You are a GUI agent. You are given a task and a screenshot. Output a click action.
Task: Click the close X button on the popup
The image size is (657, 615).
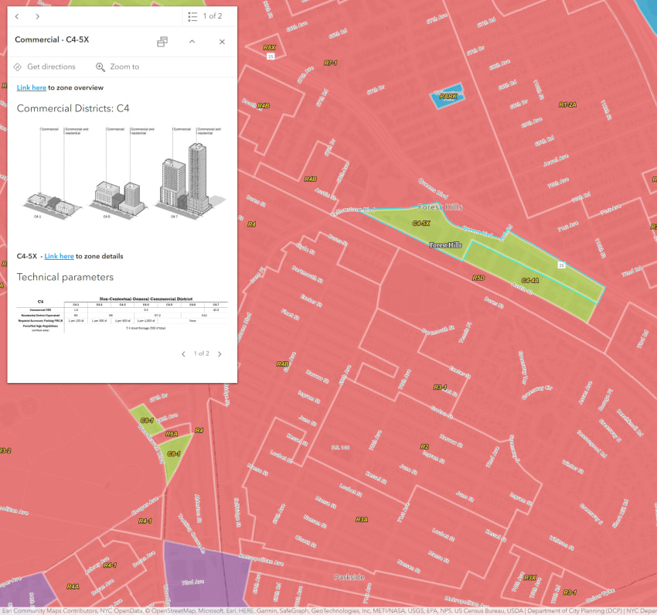[x=222, y=42]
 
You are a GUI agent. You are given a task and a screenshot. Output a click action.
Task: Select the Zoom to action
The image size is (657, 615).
[x=117, y=67]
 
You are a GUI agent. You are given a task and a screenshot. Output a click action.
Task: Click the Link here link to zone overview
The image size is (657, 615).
[x=32, y=87]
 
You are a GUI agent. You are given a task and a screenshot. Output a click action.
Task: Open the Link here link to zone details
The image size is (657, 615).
[x=59, y=256]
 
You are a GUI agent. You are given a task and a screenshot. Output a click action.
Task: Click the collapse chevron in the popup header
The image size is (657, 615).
[x=192, y=42]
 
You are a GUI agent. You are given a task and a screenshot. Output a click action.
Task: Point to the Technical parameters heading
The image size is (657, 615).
[x=65, y=277]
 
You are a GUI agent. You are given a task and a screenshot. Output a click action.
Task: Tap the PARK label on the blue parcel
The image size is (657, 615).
[x=448, y=97]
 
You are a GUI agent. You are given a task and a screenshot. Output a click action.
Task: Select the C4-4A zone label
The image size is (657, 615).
[x=530, y=280]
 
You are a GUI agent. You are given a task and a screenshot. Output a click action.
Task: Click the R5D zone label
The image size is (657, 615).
[x=478, y=277]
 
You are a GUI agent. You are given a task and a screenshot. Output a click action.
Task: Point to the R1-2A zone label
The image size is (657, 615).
[x=567, y=104]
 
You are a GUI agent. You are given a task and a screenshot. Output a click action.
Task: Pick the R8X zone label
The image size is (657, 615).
[x=269, y=47]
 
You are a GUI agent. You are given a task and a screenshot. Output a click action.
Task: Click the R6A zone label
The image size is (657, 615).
[x=172, y=434]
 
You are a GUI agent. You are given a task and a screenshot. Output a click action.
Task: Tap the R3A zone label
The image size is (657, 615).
[x=362, y=520]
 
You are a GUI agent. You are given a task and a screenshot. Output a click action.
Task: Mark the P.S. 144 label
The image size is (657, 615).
[x=340, y=448]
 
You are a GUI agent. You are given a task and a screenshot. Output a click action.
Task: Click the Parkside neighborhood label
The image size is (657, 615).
[x=349, y=577]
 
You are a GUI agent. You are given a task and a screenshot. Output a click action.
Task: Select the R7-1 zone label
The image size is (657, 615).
[x=331, y=63]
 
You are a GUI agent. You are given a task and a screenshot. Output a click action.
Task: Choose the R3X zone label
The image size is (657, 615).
[x=529, y=577]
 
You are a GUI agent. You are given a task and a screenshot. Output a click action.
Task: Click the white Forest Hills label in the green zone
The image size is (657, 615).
[x=445, y=245]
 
